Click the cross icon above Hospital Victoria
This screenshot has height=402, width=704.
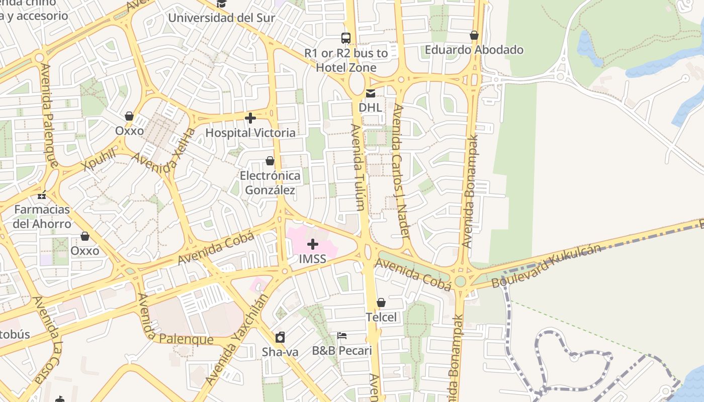[250, 119]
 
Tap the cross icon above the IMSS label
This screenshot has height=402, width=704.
[313, 245]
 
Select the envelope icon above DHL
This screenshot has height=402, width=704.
[371, 93]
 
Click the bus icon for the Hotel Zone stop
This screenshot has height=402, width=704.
[346, 38]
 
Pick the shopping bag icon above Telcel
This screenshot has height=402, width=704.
[381, 303]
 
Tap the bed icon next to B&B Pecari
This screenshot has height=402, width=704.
[342, 336]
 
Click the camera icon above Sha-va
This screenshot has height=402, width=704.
[280, 337]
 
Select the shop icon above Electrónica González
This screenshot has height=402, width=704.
[270, 161]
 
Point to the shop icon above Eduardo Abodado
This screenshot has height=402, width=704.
[474, 36]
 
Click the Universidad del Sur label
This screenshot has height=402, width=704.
[221, 18]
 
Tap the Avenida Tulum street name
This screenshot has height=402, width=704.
[358, 167]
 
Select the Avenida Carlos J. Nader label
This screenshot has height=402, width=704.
[400, 171]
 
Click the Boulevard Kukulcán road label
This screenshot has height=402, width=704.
[546, 266]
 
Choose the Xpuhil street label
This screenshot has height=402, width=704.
[99, 160]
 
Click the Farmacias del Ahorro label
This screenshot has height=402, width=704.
[42, 217]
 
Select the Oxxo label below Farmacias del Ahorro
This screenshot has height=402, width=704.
[85, 251]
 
